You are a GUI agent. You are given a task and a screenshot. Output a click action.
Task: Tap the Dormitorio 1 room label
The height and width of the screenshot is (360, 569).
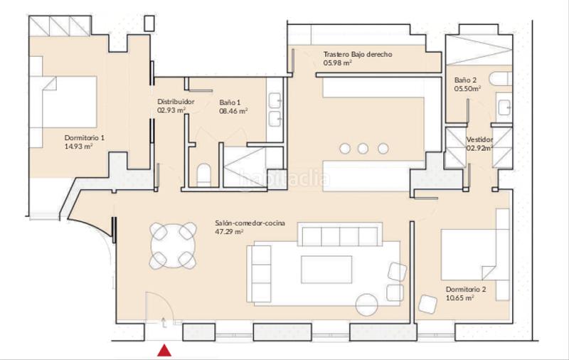[x=85, y=138]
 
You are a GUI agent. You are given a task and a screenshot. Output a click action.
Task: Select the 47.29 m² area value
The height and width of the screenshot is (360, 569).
[x=229, y=231]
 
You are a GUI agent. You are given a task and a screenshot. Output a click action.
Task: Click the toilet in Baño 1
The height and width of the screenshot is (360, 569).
[x=203, y=175]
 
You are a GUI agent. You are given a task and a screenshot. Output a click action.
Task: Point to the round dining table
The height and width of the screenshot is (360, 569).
[x=174, y=246]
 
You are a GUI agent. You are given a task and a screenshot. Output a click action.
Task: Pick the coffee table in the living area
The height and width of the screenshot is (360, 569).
[x=326, y=269]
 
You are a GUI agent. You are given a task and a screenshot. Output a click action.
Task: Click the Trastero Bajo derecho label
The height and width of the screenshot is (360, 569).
[x=358, y=55]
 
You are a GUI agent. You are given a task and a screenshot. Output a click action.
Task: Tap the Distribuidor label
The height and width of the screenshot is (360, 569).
[x=176, y=102]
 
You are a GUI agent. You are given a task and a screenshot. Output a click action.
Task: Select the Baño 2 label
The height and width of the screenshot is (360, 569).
[x=466, y=80]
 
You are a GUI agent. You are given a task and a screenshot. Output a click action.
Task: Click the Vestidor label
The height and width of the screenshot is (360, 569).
[x=479, y=139]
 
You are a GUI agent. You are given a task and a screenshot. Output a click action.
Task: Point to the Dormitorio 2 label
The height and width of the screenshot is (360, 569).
[x=466, y=290]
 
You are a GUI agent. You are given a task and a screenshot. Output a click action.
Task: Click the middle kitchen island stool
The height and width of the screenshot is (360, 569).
[x=363, y=149]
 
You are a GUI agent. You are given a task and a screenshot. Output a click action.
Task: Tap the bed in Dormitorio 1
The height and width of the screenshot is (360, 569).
[x=63, y=102]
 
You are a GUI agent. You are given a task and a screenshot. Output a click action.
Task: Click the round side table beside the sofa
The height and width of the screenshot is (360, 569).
[x=367, y=305]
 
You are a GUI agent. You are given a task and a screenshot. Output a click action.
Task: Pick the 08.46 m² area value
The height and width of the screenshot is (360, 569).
[x=233, y=111]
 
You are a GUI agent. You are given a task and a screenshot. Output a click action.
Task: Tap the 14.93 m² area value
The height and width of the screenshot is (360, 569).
[x=78, y=147]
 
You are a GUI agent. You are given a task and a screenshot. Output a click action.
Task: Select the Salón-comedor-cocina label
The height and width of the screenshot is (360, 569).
[x=250, y=223]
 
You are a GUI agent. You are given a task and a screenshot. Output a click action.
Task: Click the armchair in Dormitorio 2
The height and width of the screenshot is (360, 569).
[x=427, y=305]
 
